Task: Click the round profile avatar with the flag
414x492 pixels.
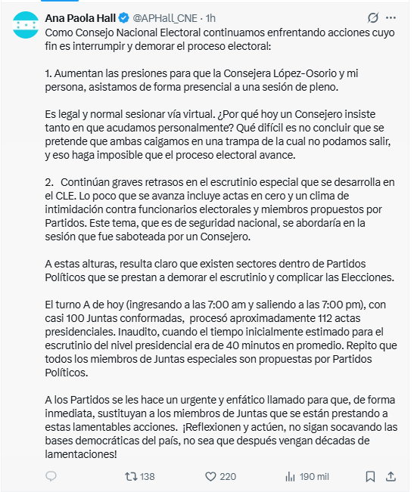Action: (26, 26)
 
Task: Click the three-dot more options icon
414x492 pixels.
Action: (391, 17)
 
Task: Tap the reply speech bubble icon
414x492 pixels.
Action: (51, 476)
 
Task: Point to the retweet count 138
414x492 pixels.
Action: (147, 476)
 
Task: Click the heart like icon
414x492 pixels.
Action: (211, 476)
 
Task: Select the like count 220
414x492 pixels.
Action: (227, 476)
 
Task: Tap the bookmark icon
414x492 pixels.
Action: (370, 476)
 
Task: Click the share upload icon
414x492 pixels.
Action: (391, 476)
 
